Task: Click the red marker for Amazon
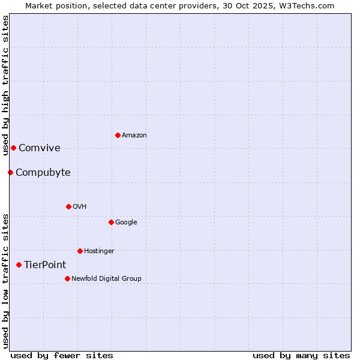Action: point(118,135)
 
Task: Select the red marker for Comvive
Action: point(13,148)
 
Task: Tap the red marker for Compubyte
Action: point(10,173)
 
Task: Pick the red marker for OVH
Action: point(68,206)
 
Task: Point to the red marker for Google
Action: point(111,222)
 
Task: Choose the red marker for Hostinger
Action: point(80,251)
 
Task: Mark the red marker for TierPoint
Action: point(19,265)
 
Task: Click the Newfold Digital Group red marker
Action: point(67,278)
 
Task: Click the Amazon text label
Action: point(134,136)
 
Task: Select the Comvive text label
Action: point(40,148)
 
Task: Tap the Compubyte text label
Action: point(43,173)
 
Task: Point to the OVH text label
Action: point(80,207)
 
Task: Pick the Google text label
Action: point(126,223)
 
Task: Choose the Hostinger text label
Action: point(99,251)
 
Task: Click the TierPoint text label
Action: point(45,265)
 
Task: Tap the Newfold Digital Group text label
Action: point(106,279)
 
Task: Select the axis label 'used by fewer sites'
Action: point(62,355)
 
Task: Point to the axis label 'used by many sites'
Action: point(301,355)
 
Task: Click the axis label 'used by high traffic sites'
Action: point(5,86)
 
